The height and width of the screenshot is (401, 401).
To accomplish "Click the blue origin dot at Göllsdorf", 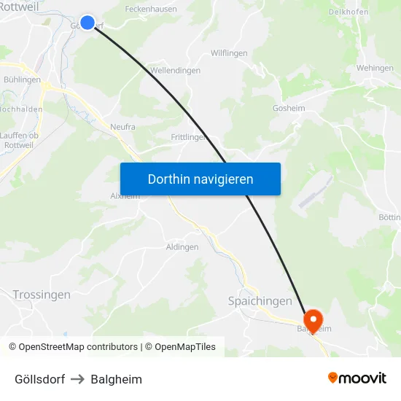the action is coord(87,23).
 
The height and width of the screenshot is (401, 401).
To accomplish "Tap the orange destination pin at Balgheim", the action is coord(314,320).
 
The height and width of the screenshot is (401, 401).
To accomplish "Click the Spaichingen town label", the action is coord(260,301).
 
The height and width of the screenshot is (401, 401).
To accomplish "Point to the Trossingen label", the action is coord(42,295).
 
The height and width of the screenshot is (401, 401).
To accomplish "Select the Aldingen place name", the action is coord(182,247).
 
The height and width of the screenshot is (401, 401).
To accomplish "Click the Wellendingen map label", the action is coord(175,71).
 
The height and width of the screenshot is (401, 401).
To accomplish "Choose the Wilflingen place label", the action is coord(229,53).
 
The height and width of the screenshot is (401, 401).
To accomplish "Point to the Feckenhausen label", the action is coord(151,9).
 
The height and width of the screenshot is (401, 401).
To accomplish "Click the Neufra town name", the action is coord(122,127).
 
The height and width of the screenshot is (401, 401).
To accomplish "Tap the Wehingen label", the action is coord(375,68).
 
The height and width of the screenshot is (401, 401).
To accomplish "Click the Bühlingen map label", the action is coord(22,79).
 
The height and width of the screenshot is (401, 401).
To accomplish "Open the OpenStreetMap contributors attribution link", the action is coord(78,347).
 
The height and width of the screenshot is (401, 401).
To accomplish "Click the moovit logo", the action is coord(357,378).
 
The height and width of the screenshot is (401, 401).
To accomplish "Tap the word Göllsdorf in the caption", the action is coord(39,379).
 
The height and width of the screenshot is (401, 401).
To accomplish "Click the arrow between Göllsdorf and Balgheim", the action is coord(78,379).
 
